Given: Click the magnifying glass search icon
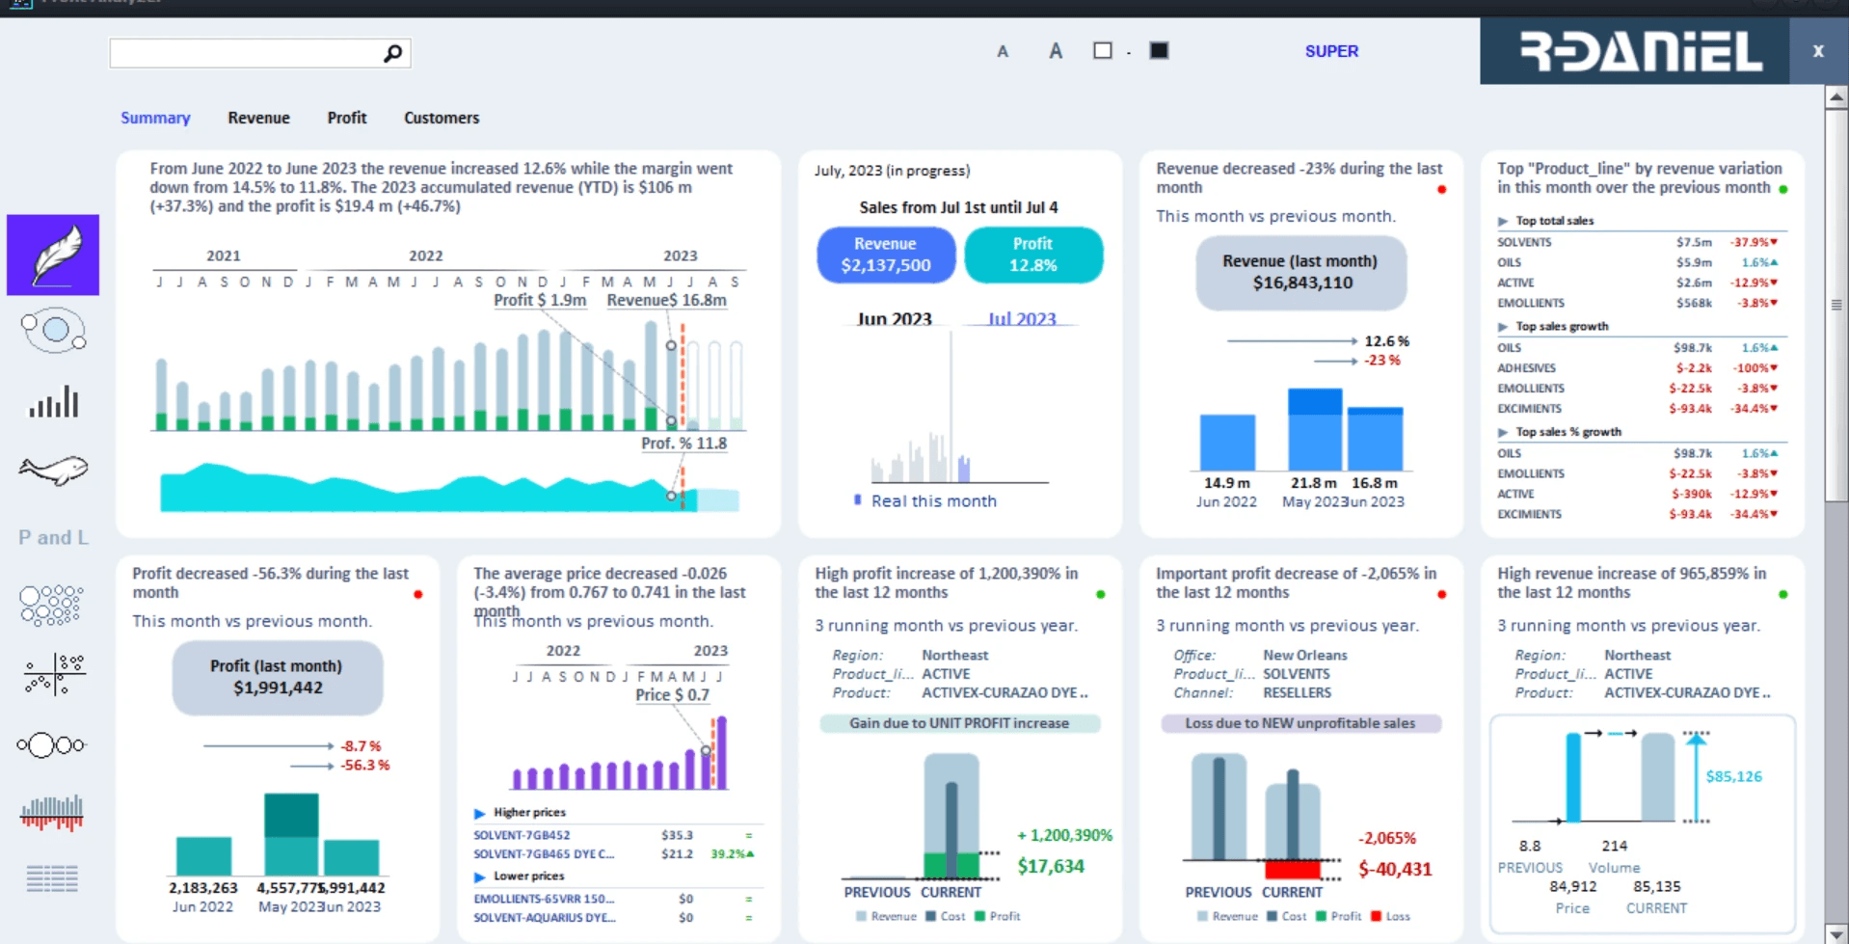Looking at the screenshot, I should point(392,53).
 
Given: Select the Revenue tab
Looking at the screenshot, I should point(258,118).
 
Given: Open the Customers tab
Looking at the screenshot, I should point(442,118).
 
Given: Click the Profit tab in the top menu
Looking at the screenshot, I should point(347,118).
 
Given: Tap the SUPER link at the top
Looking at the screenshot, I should point(1331,51).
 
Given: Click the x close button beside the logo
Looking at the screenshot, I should point(1818,51).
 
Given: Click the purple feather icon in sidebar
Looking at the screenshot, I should point(53,256).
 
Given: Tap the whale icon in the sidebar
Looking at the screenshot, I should point(53,470).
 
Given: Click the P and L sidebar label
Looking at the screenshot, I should point(53,538).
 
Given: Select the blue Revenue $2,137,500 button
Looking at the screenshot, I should point(886,256).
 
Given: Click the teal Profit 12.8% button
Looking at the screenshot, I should point(1033,256).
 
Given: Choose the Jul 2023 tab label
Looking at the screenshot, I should point(1022,319).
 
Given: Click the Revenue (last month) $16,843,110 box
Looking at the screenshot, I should point(1301,273).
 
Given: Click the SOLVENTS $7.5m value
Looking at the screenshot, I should point(1694,242).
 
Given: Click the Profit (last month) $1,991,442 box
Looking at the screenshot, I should point(278,678).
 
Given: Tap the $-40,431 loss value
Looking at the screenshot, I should point(1395,869).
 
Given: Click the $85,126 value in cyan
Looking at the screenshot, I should point(1733,776).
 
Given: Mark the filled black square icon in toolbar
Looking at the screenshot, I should point(1159,51).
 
